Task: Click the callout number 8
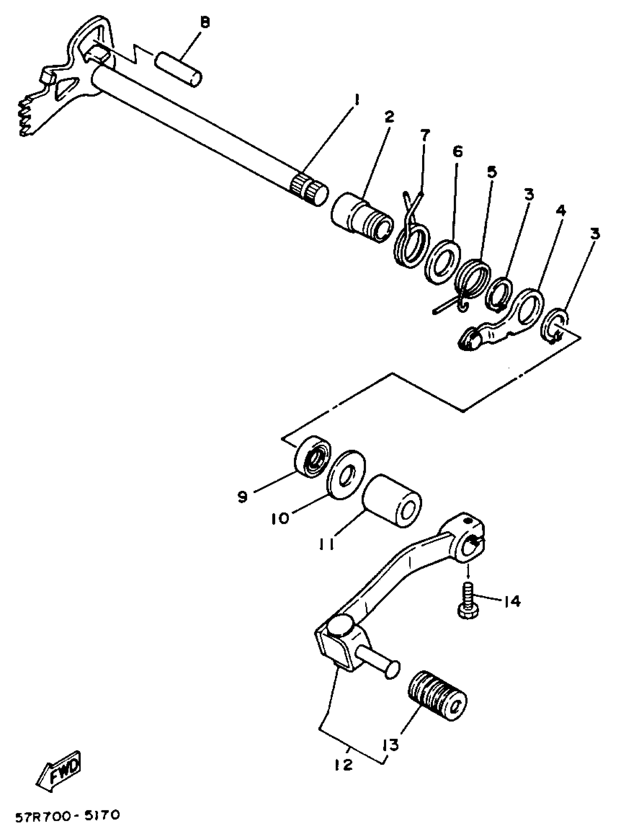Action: point(205,23)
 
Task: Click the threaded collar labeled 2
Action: point(361,218)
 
